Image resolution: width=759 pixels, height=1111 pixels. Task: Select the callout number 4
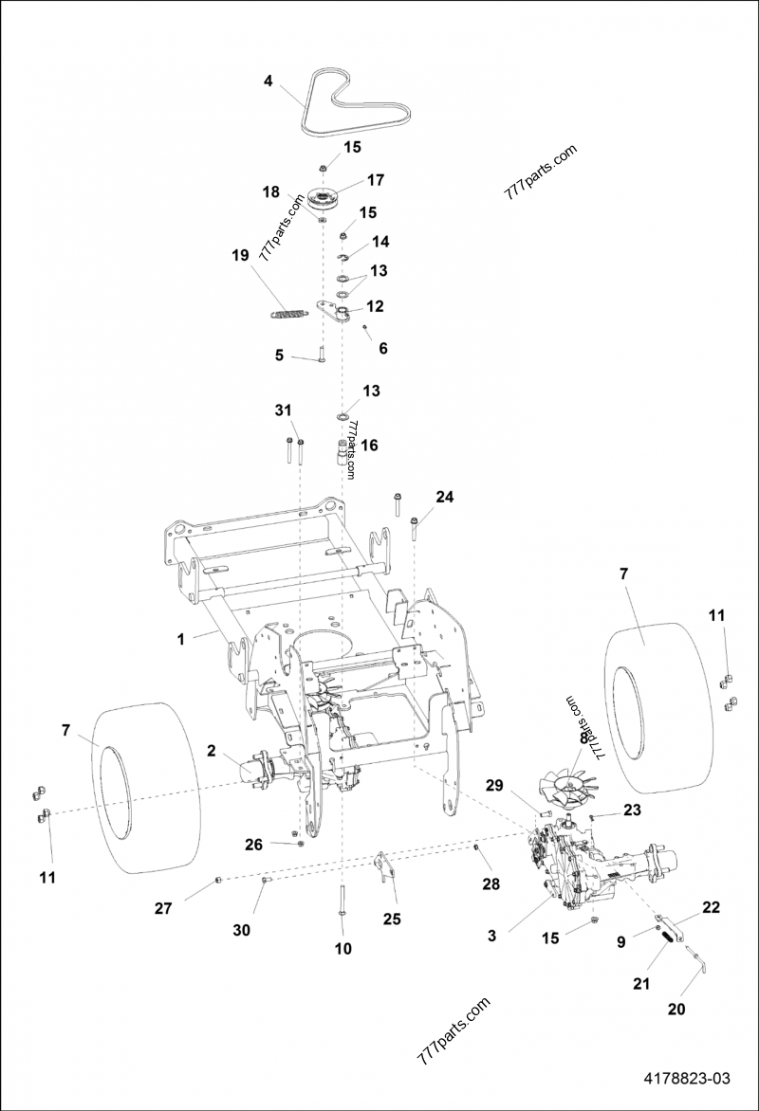[x=268, y=82]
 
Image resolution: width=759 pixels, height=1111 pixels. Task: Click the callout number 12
[x=375, y=306]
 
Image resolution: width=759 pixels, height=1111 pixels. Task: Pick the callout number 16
[x=369, y=443]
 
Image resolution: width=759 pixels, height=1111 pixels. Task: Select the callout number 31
[x=281, y=409]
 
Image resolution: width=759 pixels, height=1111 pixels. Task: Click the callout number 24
[x=444, y=496]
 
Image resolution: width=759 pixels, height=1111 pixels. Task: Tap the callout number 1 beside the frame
[x=180, y=639]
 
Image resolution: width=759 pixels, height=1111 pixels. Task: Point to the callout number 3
[x=491, y=936]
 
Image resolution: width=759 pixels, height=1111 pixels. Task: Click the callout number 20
[x=676, y=1009]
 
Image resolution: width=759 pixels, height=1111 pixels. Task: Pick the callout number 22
[x=710, y=907]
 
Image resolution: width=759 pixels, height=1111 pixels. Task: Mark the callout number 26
[x=252, y=845]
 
